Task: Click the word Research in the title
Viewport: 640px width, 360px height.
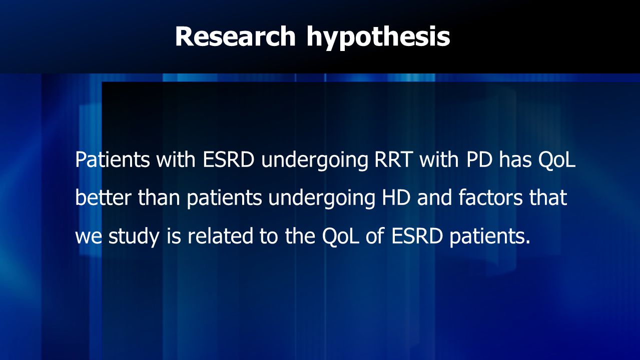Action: (x=235, y=36)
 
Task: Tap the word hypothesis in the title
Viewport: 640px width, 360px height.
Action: (x=378, y=38)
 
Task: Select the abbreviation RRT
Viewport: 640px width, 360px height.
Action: (x=393, y=159)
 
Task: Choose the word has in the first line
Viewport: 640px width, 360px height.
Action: (x=515, y=159)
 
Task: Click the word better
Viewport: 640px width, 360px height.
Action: (x=103, y=197)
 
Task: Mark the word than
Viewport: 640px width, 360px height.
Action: (x=159, y=197)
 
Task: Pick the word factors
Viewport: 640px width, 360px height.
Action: (x=490, y=197)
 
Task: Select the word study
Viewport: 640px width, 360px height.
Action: (x=134, y=236)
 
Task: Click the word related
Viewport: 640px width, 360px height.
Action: (x=220, y=235)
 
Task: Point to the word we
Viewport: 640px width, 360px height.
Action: (x=89, y=237)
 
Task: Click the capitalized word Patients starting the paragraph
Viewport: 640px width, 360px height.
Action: (x=112, y=159)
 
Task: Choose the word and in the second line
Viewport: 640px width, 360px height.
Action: (x=434, y=197)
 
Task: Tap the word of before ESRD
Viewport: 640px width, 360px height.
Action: (x=375, y=235)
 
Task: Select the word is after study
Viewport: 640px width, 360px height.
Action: (x=174, y=235)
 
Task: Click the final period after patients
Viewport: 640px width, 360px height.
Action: (x=527, y=242)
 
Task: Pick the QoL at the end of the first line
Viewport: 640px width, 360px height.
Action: (x=556, y=160)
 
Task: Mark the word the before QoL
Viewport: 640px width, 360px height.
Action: (x=300, y=235)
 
